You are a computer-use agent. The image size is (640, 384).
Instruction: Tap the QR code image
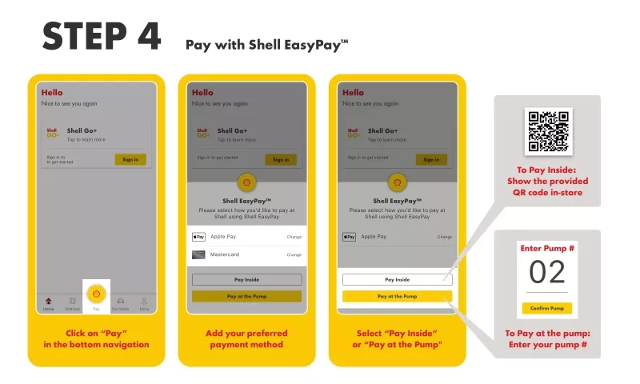pos(548,130)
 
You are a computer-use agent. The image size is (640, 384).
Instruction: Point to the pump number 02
pos(548,272)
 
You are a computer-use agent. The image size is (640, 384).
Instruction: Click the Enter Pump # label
pos(548,249)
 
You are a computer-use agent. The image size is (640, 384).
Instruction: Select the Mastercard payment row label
pos(225,254)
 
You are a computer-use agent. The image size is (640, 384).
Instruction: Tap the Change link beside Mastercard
pos(294,254)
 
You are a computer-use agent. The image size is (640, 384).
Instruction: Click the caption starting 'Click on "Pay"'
pos(96,338)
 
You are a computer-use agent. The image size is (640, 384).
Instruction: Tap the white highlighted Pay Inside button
pos(398,280)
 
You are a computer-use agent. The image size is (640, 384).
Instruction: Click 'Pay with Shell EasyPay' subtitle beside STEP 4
pos(266,45)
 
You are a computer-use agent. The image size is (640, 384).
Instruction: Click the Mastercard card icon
pos(199,254)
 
